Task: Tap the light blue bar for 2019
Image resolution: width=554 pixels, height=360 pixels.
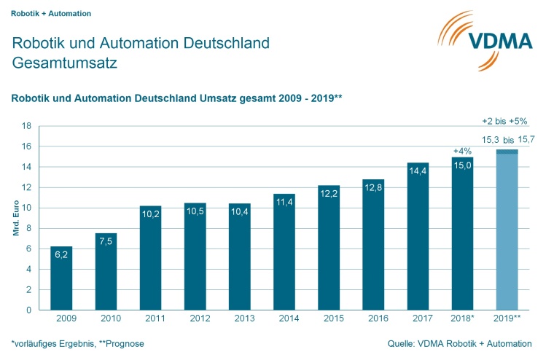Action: (507, 233)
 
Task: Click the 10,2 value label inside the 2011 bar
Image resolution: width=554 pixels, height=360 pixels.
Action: (150, 214)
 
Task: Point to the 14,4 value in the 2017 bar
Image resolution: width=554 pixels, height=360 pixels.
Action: (418, 171)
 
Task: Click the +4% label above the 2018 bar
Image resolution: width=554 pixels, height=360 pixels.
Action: (463, 151)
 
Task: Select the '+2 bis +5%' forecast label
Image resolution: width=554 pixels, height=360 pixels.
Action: (504, 121)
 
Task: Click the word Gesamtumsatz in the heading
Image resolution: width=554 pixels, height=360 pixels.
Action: (65, 63)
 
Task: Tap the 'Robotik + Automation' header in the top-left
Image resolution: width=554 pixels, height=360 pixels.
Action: (50, 13)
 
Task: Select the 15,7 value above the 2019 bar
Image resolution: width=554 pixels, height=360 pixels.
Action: (527, 138)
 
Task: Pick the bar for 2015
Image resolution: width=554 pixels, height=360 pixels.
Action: (329, 247)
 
